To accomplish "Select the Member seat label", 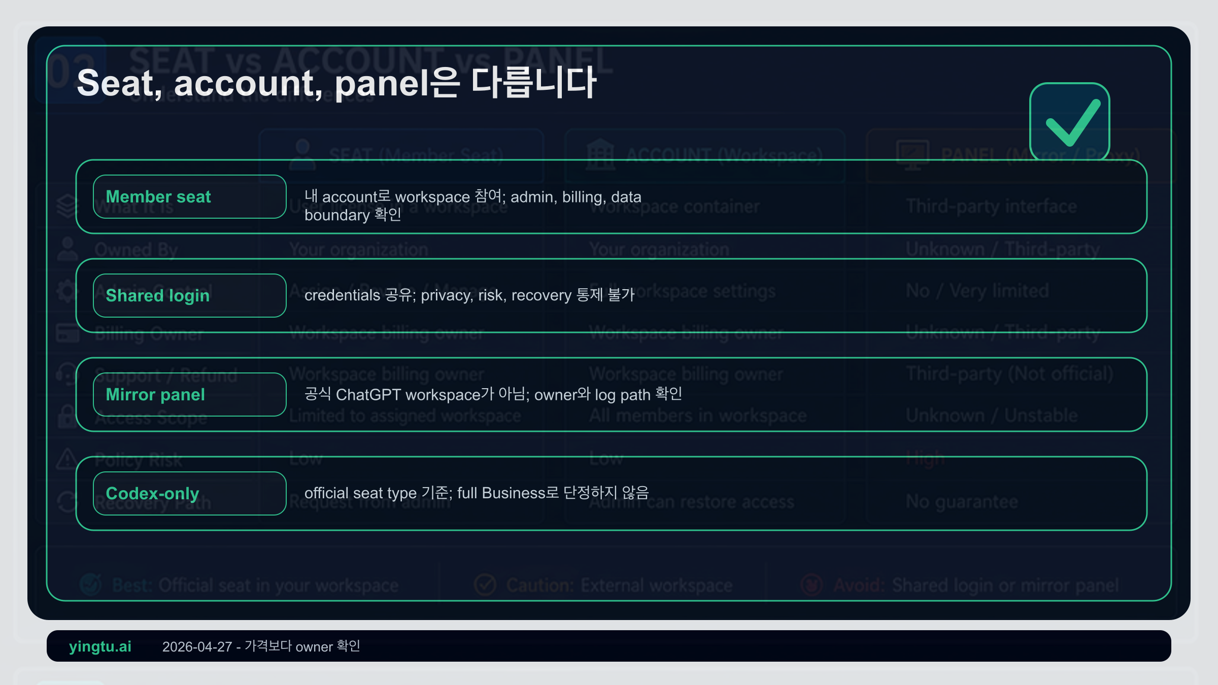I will coord(158,197).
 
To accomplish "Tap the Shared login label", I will coord(157,296).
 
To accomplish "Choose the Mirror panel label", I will coord(155,395).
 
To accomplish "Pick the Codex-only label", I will coord(152,494).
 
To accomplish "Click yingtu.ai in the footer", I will coord(100,646).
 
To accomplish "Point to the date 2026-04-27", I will coord(197,647).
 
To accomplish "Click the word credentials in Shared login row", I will coord(342,295).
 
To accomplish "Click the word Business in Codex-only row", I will coord(513,493).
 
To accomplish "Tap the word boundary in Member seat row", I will coord(337,216).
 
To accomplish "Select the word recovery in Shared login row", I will coord(541,295).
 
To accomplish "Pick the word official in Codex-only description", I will coord(326,493).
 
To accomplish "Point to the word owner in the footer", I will coord(314,647).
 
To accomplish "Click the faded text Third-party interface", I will coord(991,207).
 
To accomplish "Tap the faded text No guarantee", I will coord(962,502).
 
